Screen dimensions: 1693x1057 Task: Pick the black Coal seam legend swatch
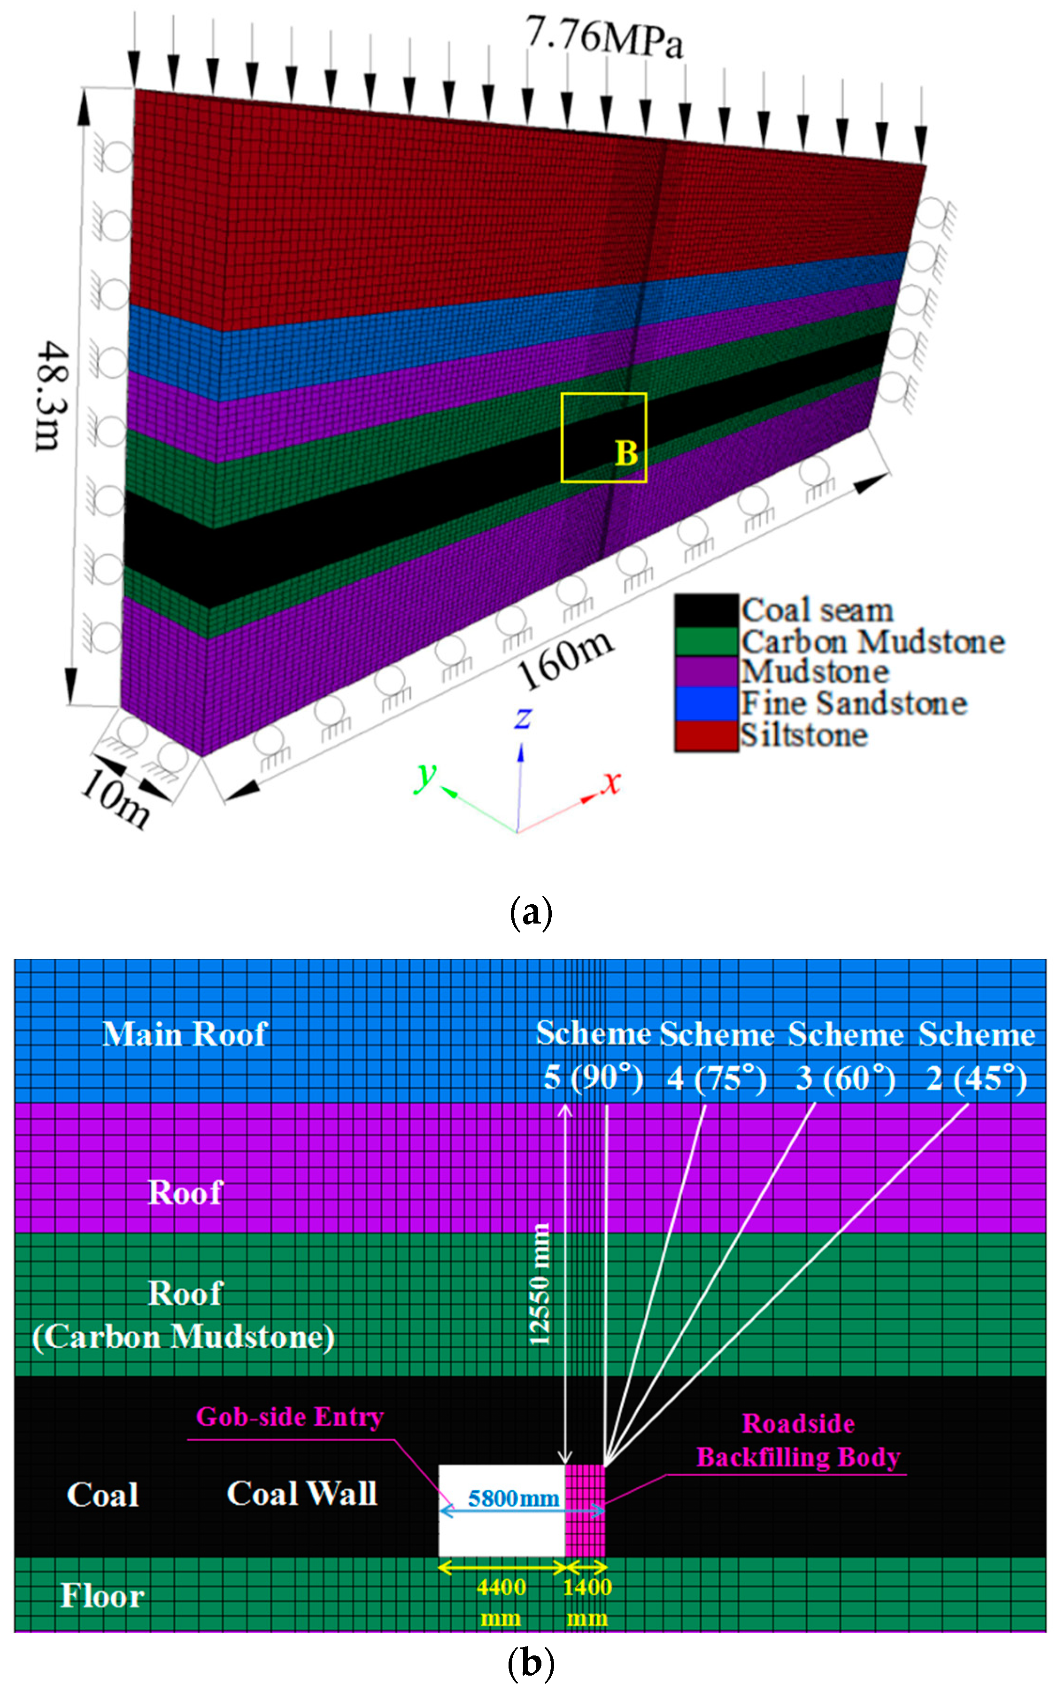click(706, 611)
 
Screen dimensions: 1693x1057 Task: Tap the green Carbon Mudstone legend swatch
click(706, 641)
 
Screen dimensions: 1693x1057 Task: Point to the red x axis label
click(612, 782)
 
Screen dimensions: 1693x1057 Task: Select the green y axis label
click(424, 776)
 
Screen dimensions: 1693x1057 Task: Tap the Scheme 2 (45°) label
click(977, 1056)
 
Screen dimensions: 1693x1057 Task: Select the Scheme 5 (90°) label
click(593, 1056)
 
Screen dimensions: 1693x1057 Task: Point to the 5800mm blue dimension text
click(514, 1498)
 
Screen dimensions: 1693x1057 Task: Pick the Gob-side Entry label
click(289, 1417)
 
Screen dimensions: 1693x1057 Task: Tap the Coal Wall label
click(302, 1494)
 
